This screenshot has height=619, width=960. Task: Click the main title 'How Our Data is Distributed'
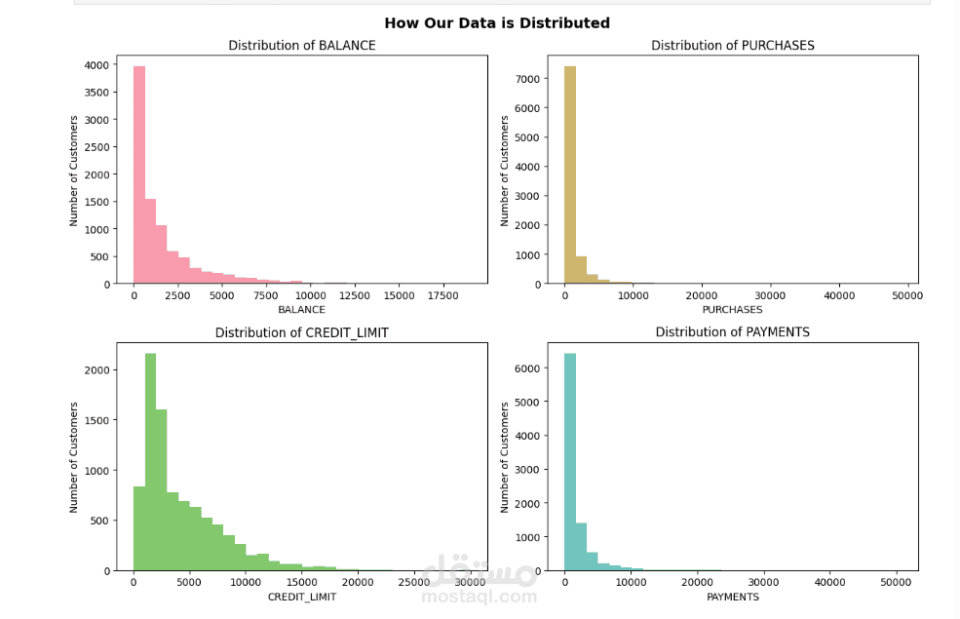tap(496, 23)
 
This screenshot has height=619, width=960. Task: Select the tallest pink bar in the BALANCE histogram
tap(139, 175)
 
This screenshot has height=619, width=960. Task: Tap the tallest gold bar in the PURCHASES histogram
tap(570, 175)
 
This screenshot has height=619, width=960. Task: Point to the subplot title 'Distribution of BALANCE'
tap(301, 46)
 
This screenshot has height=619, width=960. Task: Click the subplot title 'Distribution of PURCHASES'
tap(732, 46)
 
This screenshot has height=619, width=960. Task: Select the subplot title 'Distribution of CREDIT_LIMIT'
tap(301, 333)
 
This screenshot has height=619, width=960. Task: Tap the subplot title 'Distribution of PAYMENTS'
tap(732, 332)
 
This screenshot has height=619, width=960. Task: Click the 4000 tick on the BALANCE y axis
tap(97, 65)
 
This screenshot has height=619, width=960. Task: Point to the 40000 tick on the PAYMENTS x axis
tap(829, 583)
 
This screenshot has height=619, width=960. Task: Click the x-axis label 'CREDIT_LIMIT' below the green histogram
tap(301, 597)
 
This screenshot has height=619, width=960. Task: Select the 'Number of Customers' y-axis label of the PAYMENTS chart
tap(505, 456)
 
